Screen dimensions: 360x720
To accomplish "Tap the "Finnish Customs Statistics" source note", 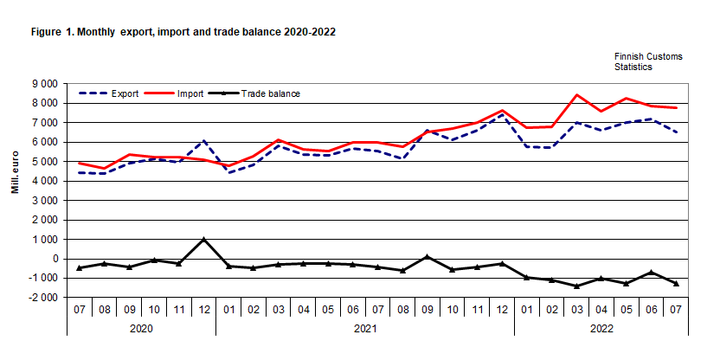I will click(x=648, y=61).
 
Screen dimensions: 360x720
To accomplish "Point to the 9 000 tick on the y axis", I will click(x=43, y=84).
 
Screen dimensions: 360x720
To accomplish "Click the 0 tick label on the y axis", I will click(x=55, y=259).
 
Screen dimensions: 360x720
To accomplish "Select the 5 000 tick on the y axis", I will click(x=43, y=162).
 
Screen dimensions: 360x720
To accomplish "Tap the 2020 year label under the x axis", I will click(x=141, y=329).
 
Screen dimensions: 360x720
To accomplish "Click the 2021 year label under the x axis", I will click(x=365, y=329).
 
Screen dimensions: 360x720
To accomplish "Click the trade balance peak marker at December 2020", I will click(x=203, y=240).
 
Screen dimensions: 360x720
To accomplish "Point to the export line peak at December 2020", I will click(x=203, y=140).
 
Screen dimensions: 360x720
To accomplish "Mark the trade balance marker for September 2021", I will click(x=427, y=257).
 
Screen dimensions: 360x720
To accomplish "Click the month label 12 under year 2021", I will click(x=502, y=307).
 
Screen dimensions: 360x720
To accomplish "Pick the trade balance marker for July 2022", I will click(x=676, y=284).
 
